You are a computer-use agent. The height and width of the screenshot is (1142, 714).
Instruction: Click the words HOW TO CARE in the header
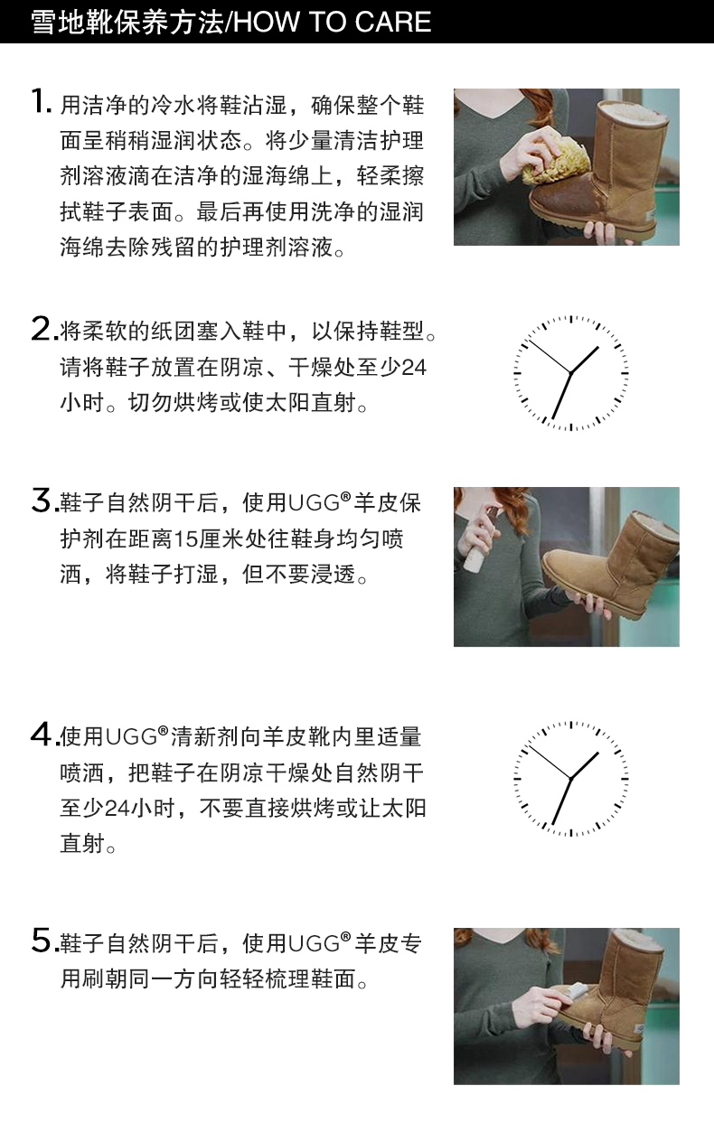tap(334, 23)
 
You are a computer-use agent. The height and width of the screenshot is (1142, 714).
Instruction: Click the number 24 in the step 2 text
tap(414, 368)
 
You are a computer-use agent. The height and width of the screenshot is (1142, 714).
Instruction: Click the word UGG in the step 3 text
tap(315, 503)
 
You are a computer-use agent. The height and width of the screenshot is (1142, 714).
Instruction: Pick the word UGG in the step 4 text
tap(131, 737)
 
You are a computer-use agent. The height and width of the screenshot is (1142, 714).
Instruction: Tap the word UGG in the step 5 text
tap(315, 943)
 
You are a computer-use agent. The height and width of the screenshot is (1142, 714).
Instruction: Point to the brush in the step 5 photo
tap(570, 993)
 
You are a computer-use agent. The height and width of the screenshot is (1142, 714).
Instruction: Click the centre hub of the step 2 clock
tap(570, 374)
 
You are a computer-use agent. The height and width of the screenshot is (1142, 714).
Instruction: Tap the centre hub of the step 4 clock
tap(570, 779)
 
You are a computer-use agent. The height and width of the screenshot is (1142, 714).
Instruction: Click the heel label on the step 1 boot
tap(652, 216)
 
